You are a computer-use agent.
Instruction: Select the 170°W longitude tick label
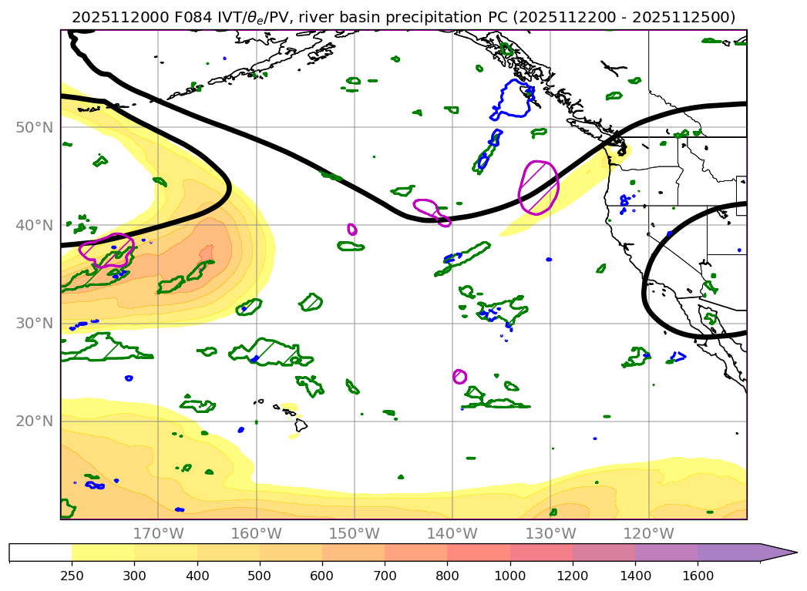158,534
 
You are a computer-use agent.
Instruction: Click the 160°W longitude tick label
256,534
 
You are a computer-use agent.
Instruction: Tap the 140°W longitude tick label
452,534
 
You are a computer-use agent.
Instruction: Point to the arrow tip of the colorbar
795,552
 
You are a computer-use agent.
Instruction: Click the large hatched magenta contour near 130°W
539,187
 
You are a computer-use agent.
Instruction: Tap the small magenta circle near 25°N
459,376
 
